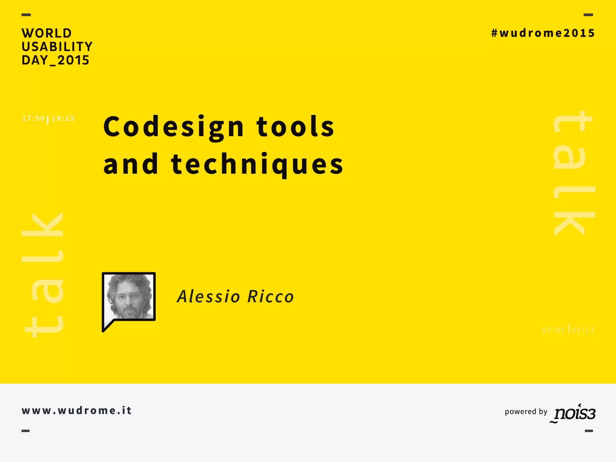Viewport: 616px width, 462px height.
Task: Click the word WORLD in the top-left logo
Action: coord(47,33)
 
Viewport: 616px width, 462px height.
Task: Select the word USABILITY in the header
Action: coord(57,47)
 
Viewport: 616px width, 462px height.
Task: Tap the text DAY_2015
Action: coord(55,60)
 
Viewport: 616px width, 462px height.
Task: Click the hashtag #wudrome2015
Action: coord(543,33)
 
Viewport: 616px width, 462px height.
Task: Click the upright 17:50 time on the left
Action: coord(33,119)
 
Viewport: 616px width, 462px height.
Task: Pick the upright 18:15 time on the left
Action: coord(63,119)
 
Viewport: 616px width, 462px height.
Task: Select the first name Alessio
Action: coord(208,297)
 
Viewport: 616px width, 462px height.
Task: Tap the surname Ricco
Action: coord(270,297)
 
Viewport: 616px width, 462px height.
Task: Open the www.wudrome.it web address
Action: coord(77,411)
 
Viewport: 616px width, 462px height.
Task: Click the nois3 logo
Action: coord(574,413)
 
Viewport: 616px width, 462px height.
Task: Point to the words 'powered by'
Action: coord(526,411)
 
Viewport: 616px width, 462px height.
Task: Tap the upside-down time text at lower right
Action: coord(568,330)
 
